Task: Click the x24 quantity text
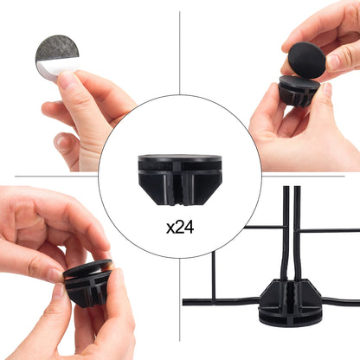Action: click(x=180, y=228)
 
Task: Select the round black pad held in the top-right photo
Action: click(x=307, y=60)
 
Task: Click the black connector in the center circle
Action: click(x=180, y=180)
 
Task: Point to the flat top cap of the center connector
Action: click(x=180, y=158)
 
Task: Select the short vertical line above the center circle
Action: click(x=180, y=53)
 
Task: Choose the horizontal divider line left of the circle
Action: click(x=56, y=176)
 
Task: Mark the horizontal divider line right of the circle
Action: click(x=303, y=176)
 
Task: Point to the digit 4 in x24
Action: click(x=189, y=228)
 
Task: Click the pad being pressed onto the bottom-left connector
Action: click(x=87, y=268)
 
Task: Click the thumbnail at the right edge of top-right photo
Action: click(x=335, y=61)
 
